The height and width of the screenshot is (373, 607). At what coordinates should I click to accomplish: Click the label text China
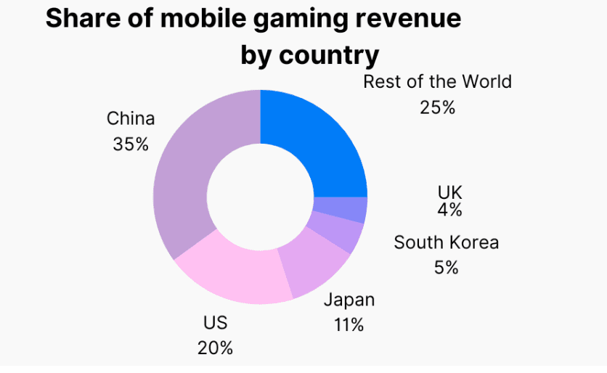131,118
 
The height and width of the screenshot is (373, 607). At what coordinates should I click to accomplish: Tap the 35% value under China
131,144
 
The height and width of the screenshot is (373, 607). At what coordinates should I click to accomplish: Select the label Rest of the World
437,81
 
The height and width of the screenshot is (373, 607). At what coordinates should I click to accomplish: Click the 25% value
437,107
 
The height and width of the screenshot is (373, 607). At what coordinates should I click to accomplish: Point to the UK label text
449,193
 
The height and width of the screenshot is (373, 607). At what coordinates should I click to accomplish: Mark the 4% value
449,210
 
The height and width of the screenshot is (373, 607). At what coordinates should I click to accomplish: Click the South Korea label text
447,242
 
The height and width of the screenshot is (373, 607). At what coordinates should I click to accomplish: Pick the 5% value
447,267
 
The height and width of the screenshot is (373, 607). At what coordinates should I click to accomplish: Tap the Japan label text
349,300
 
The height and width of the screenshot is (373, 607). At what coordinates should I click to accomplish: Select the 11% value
349,324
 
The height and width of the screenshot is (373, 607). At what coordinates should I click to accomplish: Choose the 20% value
215,348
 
